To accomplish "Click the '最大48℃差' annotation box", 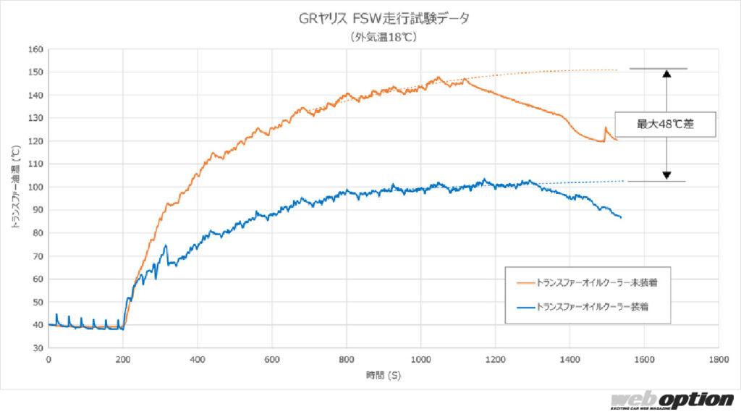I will pos(665,125).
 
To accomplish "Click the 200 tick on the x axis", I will pos(122,358).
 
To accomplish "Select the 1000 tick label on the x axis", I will pos(420,358).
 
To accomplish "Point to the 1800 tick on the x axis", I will pos(719,358).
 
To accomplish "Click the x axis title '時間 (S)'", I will pos(384,375).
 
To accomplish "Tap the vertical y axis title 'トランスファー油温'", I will pos(15,188).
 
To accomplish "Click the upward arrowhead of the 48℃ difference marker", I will pos(666,73).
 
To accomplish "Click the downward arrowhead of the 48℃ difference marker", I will pos(666,176).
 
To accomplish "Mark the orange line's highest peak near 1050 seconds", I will pos(439,77).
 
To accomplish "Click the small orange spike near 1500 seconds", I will pos(606,128).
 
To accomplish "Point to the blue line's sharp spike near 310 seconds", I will pos(166,245).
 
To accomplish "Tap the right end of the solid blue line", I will pos(620,217).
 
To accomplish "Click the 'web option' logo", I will pos(672,401).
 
